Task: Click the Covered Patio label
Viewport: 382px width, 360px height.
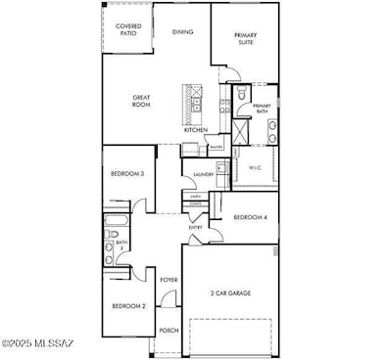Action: [126, 29]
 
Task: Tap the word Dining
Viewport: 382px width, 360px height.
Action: [182, 31]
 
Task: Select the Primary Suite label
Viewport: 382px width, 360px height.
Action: [245, 38]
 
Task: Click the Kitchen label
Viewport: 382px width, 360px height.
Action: [195, 130]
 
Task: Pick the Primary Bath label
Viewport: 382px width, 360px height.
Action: [262, 109]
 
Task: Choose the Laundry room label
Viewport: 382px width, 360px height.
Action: [204, 175]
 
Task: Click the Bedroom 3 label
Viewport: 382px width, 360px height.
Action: [127, 173]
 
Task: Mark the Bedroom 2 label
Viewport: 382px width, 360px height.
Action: [127, 306]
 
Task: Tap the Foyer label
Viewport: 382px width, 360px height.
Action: [167, 280]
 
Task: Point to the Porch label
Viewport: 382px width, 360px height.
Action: [167, 330]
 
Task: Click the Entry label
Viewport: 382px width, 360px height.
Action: [195, 227]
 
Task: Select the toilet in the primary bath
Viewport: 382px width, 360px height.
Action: [241, 96]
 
